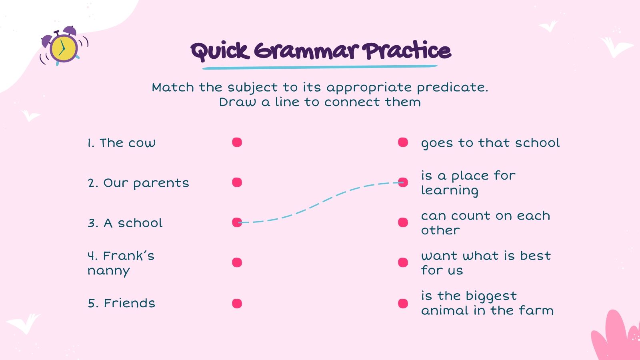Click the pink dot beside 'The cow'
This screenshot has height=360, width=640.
tap(237, 142)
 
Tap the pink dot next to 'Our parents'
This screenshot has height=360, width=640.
tap(237, 182)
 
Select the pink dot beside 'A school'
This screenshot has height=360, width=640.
tap(237, 222)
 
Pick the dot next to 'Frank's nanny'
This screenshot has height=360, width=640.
tap(237, 262)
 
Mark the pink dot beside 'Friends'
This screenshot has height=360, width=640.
tap(237, 303)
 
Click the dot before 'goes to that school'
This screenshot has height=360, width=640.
tap(403, 142)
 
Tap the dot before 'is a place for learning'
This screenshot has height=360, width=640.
tap(403, 182)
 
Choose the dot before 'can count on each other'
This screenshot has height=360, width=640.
tap(403, 222)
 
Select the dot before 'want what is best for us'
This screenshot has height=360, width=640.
tap(403, 262)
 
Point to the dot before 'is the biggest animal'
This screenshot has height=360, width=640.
tap(403, 303)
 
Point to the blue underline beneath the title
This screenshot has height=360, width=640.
tap(320, 67)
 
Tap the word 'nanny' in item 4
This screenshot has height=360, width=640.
tap(108, 271)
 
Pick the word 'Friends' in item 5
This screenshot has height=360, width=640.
tap(129, 303)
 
